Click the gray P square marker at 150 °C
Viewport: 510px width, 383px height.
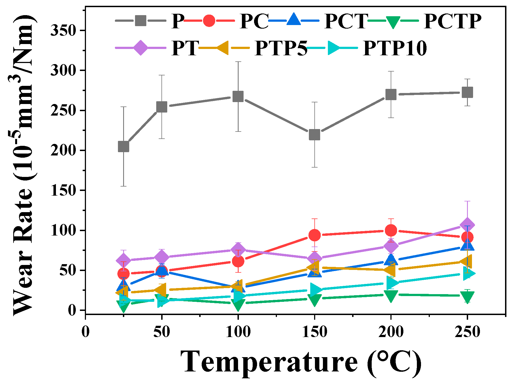pyautogui.click(x=314, y=135)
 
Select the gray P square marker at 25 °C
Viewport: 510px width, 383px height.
pyautogui.click(x=123, y=147)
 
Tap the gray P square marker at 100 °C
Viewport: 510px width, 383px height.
pyautogui.click(x=238, y=97)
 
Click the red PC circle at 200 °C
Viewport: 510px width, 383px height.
pyautogui.click(x=391, y=230)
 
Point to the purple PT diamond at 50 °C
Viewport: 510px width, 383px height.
pyautogui.click(x=162, y=257)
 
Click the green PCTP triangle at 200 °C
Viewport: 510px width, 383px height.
pyautogui.click(x=391, y=296)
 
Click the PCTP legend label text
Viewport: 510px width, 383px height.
pyautogui.click(x=452, y=21)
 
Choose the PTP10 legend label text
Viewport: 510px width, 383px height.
pyautogui.click(x=395, y=48)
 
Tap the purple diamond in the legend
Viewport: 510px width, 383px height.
pyautogui.click(x=141, y=48)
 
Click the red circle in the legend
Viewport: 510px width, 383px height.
pyautogui.click(x=209, y=21)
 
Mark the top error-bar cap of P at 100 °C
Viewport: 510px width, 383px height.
pyautogui.click(x=238, y=62)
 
